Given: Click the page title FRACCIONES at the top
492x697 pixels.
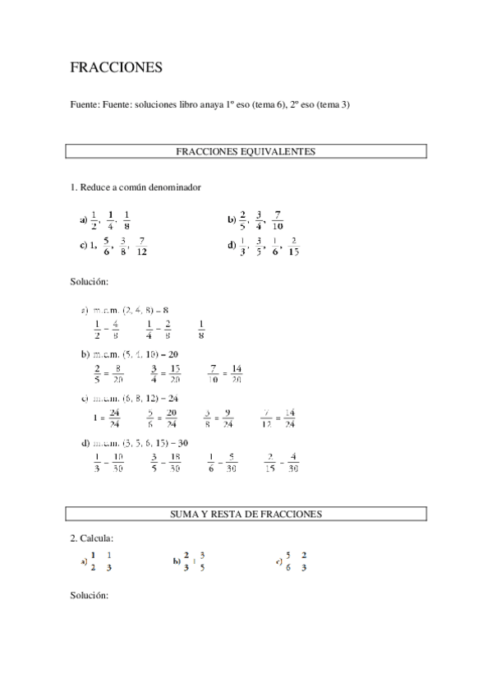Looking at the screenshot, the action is point(116,68).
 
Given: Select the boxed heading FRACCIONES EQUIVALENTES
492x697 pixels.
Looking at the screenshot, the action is point(246,151).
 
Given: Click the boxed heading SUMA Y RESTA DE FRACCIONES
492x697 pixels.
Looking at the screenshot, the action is point(246,514).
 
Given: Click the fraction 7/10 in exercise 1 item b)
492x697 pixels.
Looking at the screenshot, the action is point(278,221).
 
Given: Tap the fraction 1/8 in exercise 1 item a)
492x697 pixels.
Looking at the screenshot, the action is point(127,221).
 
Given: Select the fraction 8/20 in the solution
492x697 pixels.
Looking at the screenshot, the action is point(118,374).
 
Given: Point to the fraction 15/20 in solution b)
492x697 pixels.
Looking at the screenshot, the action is point(175,374).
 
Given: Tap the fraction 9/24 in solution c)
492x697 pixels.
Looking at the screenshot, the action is point(228,418).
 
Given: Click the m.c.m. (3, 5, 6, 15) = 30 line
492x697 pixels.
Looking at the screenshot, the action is point(136,443).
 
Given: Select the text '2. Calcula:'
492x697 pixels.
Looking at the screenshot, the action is point(91,538).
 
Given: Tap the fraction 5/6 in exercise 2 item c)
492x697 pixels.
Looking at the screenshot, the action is point(287,561).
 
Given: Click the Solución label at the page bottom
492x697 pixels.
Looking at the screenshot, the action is point(90,594).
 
